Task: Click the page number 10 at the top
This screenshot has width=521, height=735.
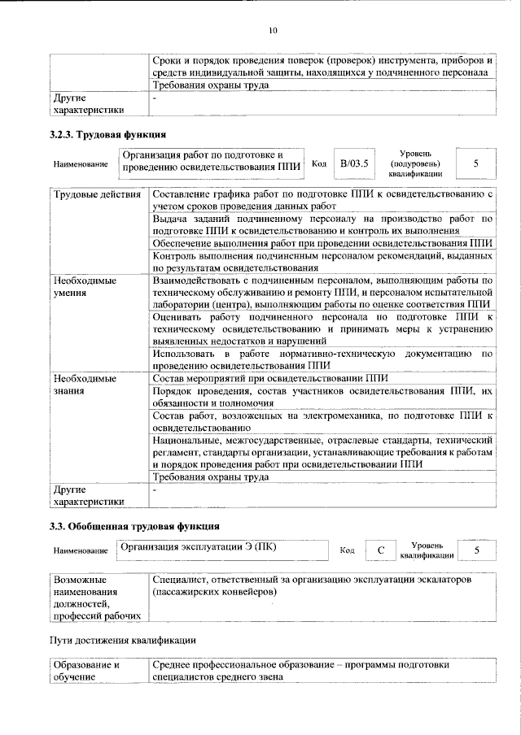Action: [x=273, y=31]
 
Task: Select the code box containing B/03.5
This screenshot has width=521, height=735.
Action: [x=354, y=163]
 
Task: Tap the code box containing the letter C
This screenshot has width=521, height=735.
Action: [x=380, y=550]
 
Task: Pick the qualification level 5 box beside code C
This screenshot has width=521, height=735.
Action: [x=475, y=550]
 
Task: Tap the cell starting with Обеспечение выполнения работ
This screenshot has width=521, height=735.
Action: [x=322, y=243]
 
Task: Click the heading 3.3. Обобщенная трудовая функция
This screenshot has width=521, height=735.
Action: [x=135, y=526]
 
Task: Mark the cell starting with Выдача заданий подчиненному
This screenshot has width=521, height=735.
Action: [x=322, y=224]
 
